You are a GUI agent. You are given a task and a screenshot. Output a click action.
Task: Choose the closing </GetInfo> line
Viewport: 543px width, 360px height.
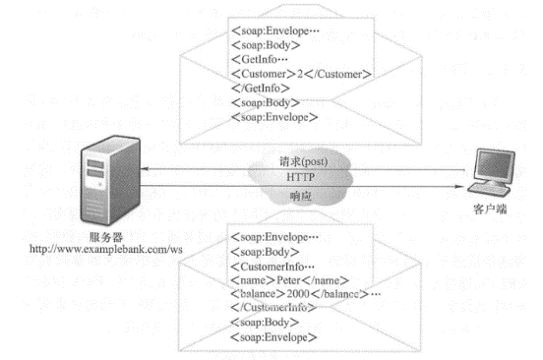click(258, 88)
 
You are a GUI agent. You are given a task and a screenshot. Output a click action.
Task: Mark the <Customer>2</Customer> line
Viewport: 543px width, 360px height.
click(300, 74)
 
